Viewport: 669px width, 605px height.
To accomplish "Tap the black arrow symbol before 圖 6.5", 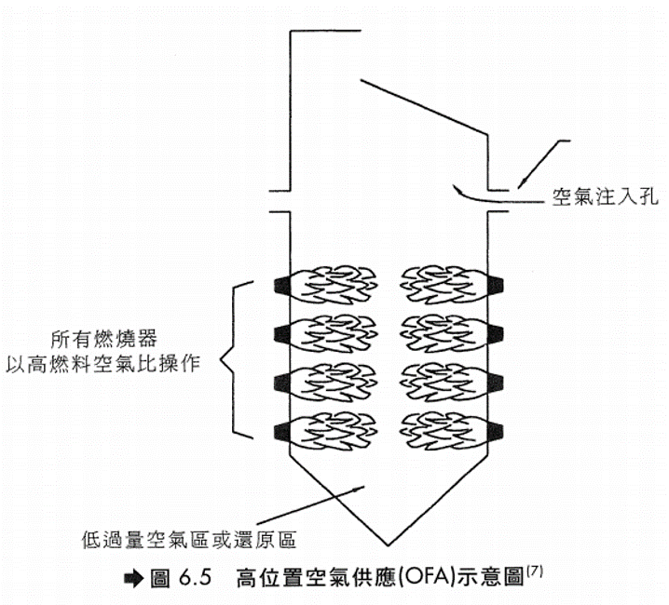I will (129, 576).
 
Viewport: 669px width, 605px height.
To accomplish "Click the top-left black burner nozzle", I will (282, 283).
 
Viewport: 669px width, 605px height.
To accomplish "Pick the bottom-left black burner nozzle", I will (282, 429).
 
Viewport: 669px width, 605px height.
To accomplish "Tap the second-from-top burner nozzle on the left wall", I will (282, 331).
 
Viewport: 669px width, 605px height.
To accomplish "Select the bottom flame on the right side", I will (442, 429).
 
